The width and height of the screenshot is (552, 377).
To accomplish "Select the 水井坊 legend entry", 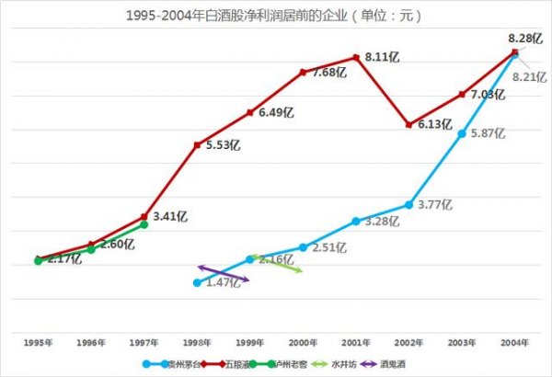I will tap(341, 364).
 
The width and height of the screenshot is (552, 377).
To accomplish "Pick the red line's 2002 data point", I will tap(408, 124).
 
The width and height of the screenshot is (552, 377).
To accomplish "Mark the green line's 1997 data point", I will tap(144, 224).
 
